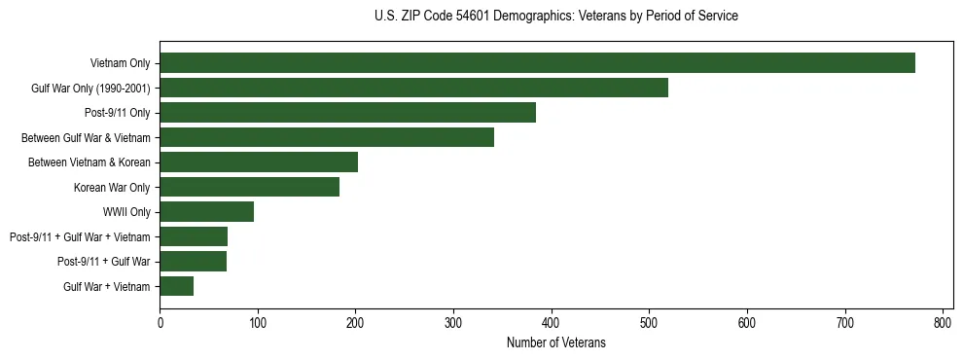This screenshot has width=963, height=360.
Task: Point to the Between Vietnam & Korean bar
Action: click(259, 162)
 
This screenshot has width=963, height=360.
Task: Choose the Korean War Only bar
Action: click(249, 187)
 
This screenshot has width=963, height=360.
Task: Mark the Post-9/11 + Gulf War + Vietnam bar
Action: click(194, 236)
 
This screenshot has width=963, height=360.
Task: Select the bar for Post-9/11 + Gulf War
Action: click(193, 261)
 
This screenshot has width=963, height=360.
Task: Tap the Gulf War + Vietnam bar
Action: click(176, 286)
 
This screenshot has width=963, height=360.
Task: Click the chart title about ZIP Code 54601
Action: click(555, 17)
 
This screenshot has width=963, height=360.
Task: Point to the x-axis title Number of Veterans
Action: click(555, 342)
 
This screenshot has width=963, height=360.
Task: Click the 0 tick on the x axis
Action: click(160, 323)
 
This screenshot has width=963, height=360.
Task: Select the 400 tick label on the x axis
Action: click(552, 323)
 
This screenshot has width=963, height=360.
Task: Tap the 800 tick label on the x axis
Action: click(943, 323)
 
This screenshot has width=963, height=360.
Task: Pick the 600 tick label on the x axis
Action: click(747, 323)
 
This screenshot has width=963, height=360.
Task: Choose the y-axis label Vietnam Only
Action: click(120, 63)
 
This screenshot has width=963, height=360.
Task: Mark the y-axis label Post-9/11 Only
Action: click(118, 113)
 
